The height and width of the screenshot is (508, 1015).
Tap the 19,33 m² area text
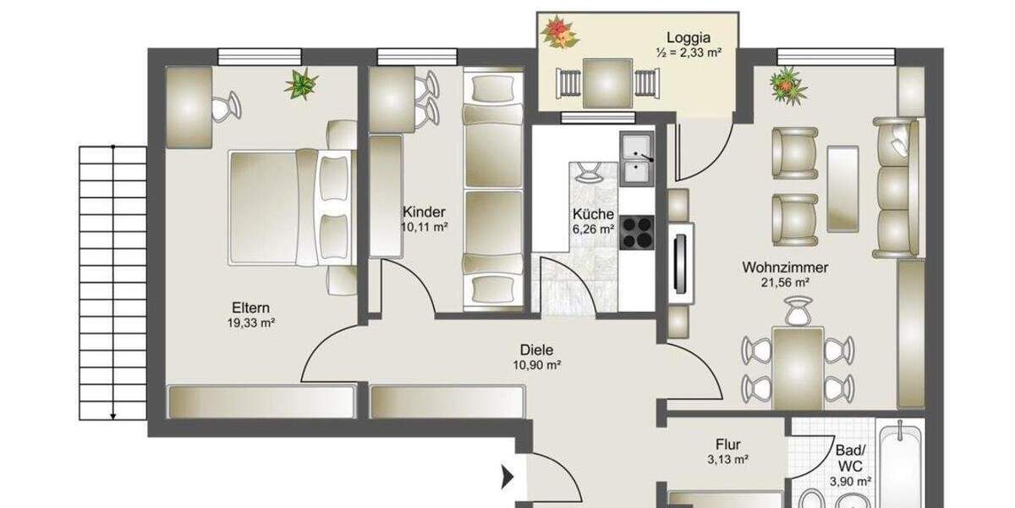click(251, 323)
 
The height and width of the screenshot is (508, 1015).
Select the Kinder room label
click(424, 212)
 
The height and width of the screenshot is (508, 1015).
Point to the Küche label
click(593, 214)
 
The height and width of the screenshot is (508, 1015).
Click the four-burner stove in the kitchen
click(636, 231)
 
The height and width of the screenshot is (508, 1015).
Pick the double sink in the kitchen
click(636, 160)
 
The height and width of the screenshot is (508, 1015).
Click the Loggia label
click(688, 37)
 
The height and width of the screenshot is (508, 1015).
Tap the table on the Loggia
click(607, 83)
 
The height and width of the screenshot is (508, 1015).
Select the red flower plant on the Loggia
click(559, 33)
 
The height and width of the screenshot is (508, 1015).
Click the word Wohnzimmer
click(785, 268)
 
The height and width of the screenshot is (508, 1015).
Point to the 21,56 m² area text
click(786, 283)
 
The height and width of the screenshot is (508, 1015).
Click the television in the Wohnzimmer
click(680, 262)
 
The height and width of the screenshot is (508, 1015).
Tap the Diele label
click(536, 349)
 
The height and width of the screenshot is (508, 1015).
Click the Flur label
click(727, 444)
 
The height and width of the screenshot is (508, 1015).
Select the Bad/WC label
click(848, 458)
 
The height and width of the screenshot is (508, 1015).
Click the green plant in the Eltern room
click(301, 84)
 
